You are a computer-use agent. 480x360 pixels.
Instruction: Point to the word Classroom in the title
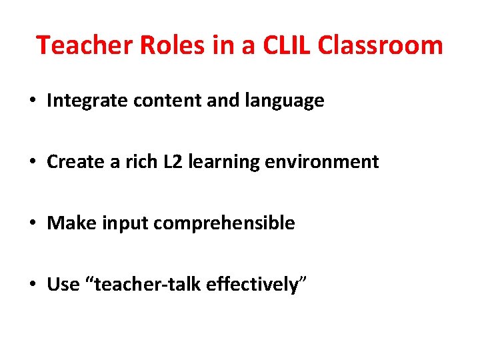click(x=381, y=45)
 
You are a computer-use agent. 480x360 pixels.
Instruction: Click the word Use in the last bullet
click(x=63, y=285)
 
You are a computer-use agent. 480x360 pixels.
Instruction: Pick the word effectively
click(x=253, y=285)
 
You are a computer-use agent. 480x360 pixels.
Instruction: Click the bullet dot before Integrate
click(x=32, y=101)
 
